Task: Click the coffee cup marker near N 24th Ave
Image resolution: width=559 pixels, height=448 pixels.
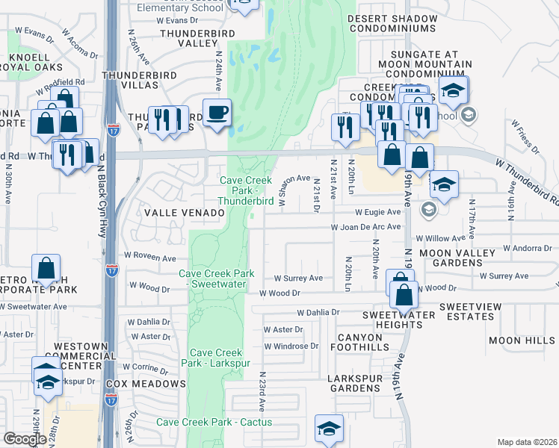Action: coord(217,113)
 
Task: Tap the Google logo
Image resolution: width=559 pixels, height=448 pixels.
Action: coord(25,438)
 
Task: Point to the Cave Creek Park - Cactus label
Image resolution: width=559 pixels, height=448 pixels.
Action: coord(204,423)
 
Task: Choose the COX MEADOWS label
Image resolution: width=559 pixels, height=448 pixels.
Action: coord(146,384)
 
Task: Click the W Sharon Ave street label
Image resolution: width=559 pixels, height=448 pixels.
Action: coord(294,190)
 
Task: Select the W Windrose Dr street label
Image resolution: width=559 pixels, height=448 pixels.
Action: coord(291,346)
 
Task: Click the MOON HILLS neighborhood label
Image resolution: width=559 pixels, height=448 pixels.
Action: coord(522,340)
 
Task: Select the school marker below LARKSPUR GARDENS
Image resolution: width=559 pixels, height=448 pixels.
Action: coord(328,429)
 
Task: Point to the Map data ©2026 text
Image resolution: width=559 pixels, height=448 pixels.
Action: coord(526,442)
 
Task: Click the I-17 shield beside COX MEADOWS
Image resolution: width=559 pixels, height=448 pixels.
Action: coord(112,401)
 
